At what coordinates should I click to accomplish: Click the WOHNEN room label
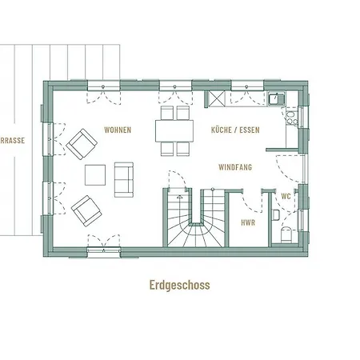coord(118,130)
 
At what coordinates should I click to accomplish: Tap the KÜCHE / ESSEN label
coord(235,130)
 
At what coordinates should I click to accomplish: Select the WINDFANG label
coord(235,167)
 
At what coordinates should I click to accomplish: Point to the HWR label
coord(248,222)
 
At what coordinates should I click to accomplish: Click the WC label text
coord(286,196)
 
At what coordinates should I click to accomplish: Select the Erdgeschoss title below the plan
coord(180,285)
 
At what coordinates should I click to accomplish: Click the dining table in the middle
coord(174,131)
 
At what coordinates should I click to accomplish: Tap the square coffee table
coord(95,175)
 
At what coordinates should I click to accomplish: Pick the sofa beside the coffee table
coord(124,180)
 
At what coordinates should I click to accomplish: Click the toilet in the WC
coord(287,234)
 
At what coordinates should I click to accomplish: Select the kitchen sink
coord(277,98)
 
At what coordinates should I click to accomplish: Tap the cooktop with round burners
coord(291,118)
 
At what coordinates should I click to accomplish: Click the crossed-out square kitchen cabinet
coord(216,98)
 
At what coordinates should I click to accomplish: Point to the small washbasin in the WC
coord(276,215)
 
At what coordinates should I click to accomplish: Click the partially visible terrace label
coord(13,141)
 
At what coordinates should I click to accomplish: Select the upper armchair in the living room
coord(82,144)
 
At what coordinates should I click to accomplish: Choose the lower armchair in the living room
coord(86,211)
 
